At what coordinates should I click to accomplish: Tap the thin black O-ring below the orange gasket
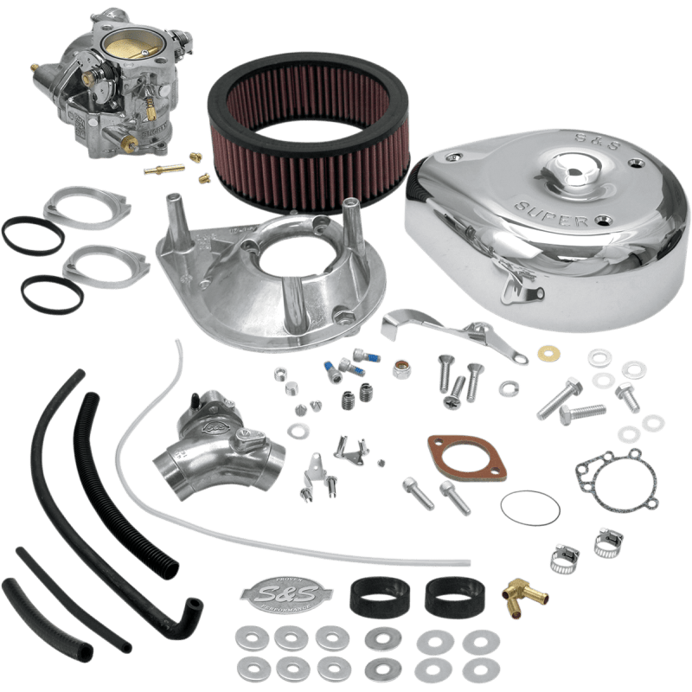tap(531, 506)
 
